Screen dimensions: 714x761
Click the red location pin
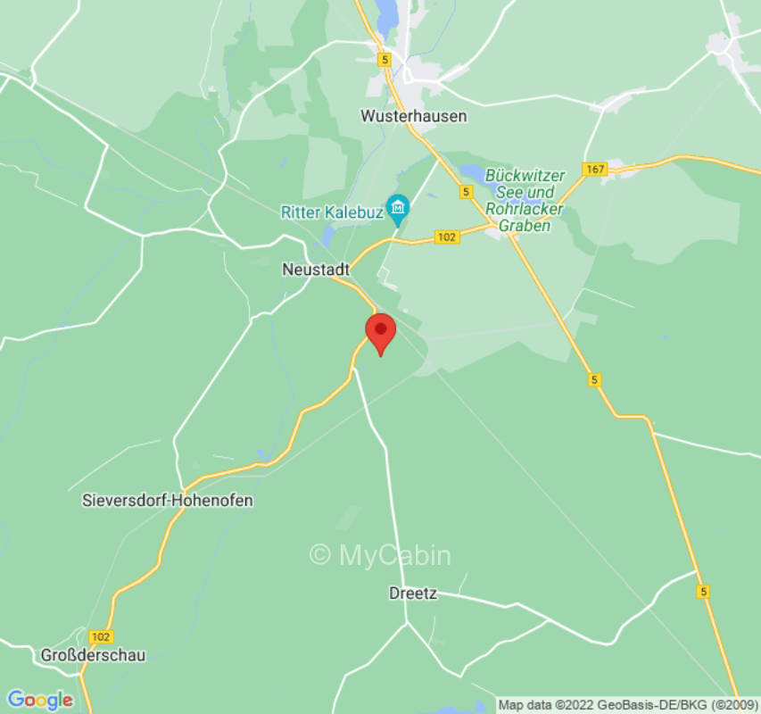(x=381, y=333)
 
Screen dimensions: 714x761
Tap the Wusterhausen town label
(x=413, y=116)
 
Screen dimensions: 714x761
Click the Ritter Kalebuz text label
(x=332, y=212)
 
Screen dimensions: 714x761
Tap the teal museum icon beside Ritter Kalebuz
(x=398, y=210)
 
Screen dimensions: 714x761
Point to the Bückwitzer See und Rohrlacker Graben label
(x=525, y=201)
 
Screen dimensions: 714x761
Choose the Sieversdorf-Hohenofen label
(x=168, y=501)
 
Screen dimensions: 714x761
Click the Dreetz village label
(x=413, y=593)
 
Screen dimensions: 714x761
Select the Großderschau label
(x=93, y=655)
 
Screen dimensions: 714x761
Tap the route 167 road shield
(x=593, y=169)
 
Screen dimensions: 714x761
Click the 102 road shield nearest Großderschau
(x=101, y=636)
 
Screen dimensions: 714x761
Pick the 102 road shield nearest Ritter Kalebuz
(x=447, y=237)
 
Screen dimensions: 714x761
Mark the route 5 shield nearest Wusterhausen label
(x=384, y=60)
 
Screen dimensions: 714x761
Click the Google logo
(x=39, y=700)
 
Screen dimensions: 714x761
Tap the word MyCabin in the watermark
(x=394, y=555)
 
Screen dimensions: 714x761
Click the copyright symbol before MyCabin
(x=320, y=555)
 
